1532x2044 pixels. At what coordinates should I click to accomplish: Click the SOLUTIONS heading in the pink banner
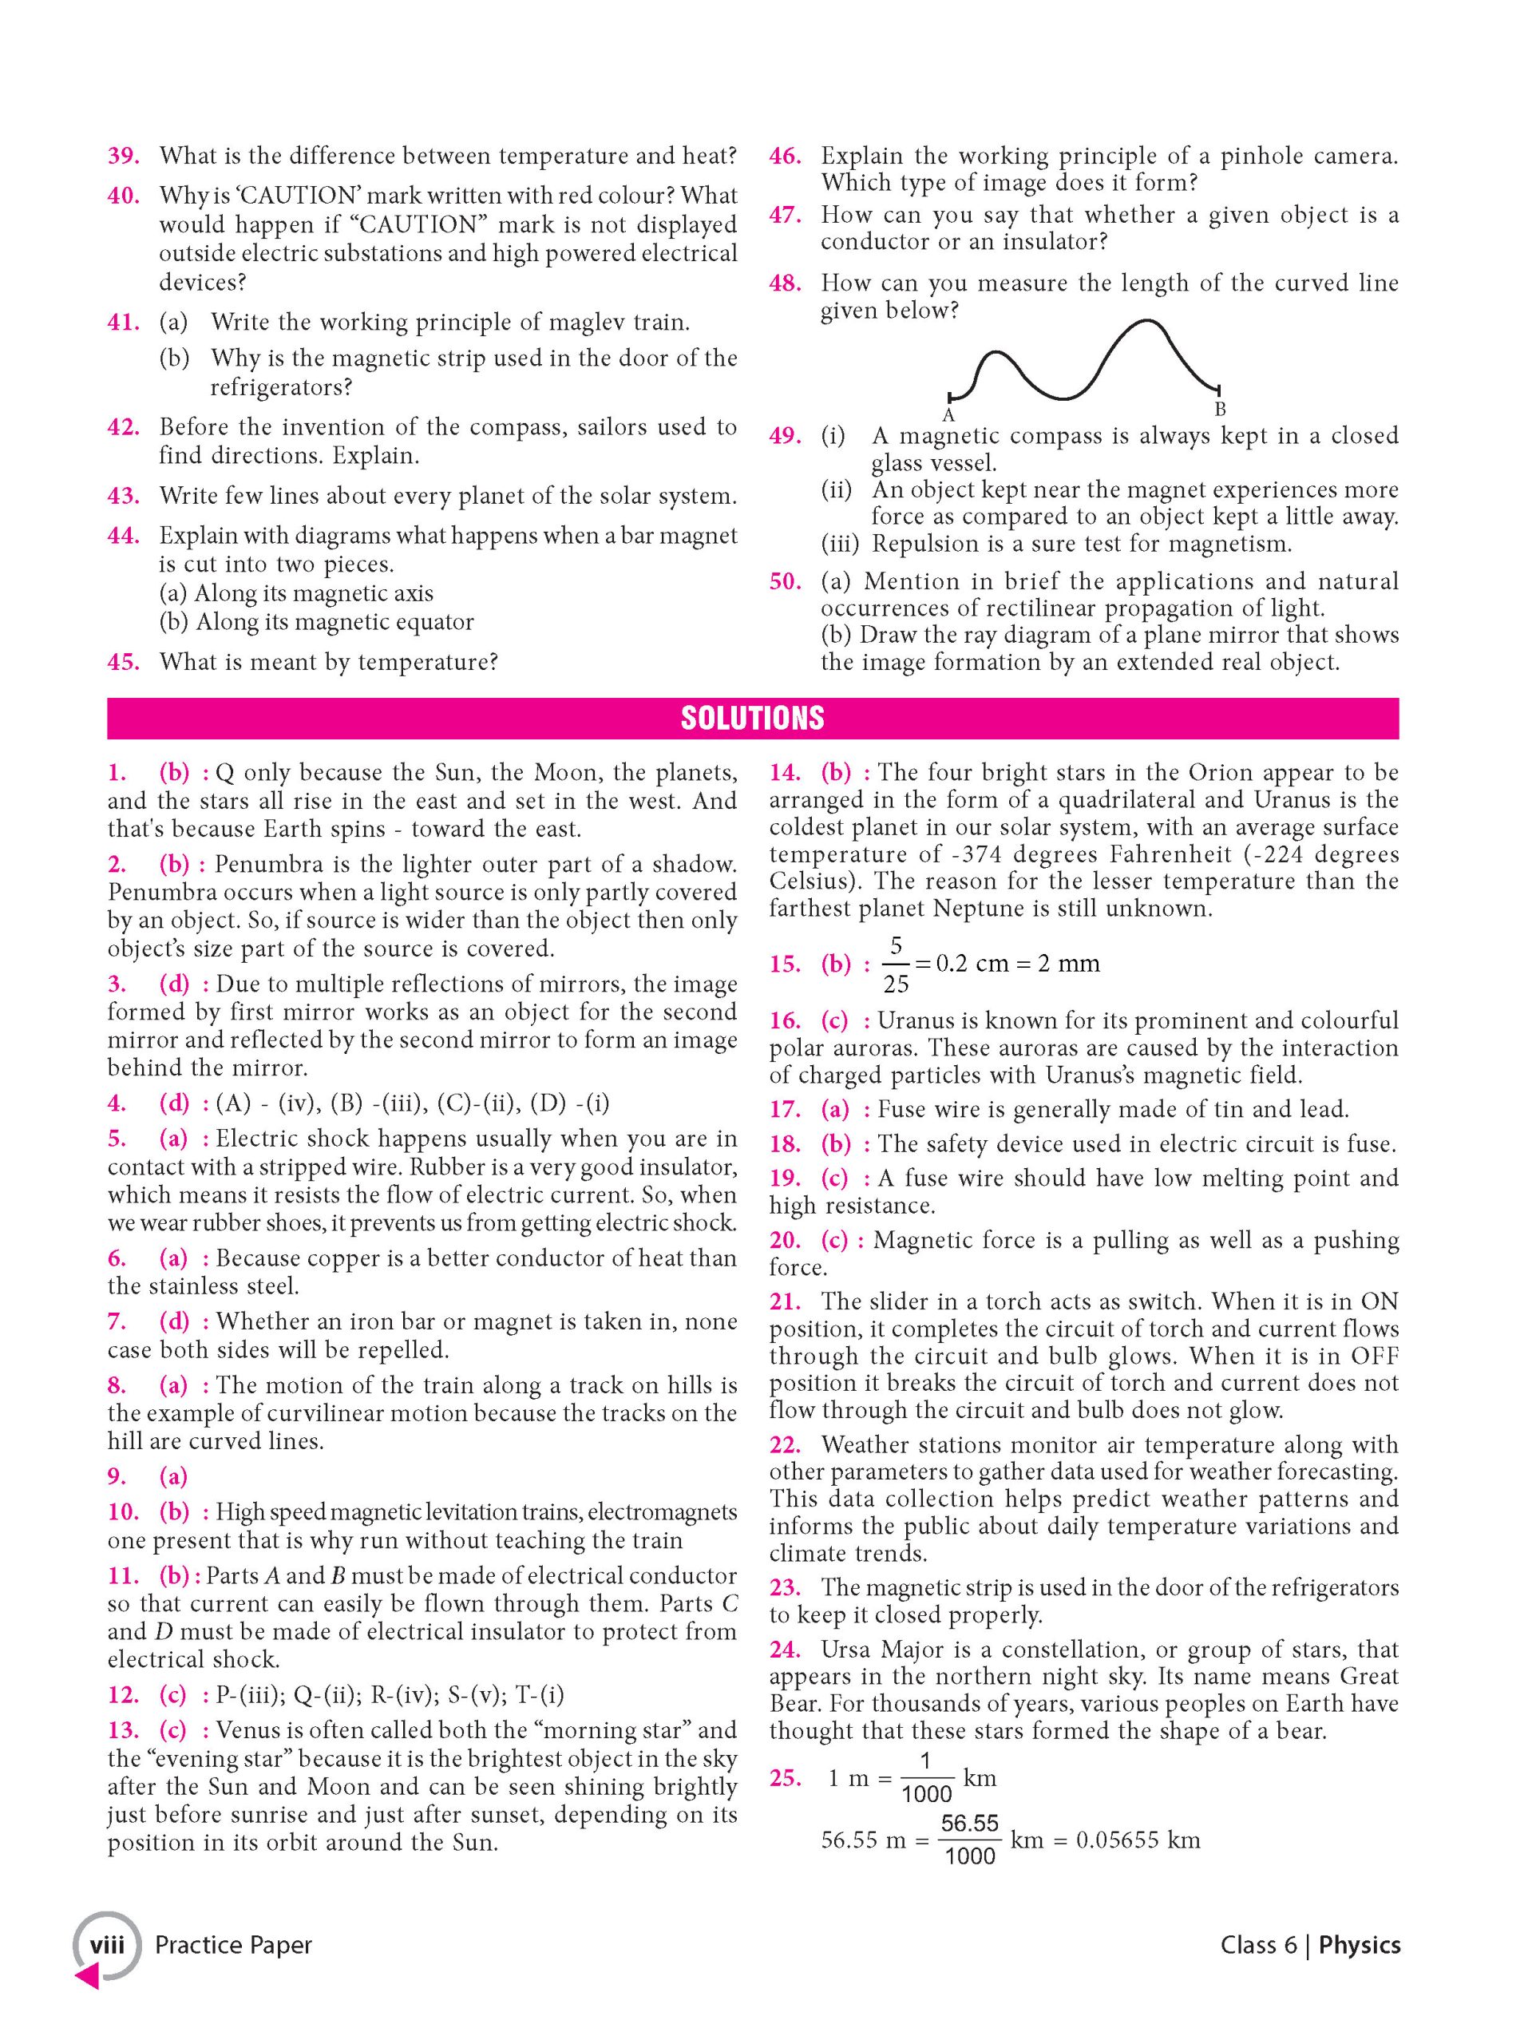[x=752, y=718]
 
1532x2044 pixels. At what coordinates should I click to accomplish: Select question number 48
[x=785, y=283]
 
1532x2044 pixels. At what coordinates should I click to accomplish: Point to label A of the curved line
[x=948, y=416]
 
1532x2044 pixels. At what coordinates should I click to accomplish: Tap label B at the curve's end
[x=1220, y=409]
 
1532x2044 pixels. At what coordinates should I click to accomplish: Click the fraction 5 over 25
[x=896, y=965]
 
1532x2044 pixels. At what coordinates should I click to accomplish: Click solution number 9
[x=117, y=1476]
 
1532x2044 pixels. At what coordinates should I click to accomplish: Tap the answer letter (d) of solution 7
[x=174, y=1321]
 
